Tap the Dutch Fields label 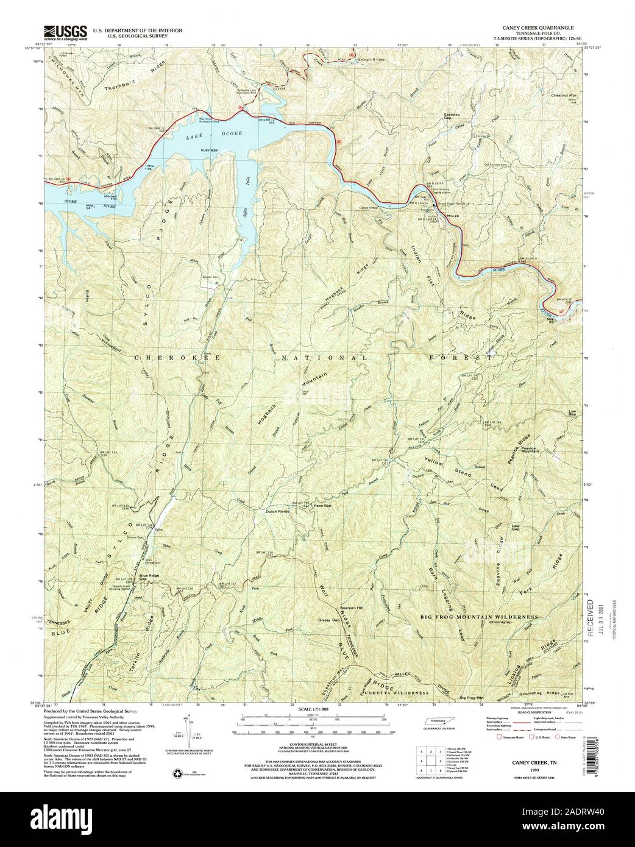(277, 511)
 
